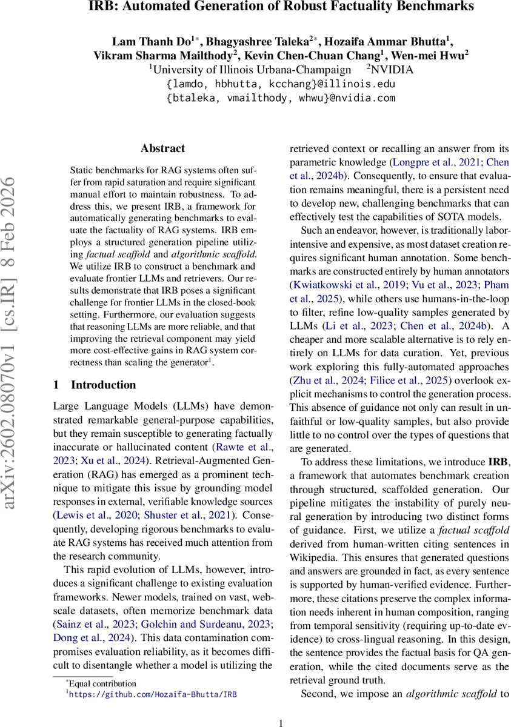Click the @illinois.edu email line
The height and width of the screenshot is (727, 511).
click(x=281, y=84)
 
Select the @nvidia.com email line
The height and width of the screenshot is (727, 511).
click(x=281, y=98)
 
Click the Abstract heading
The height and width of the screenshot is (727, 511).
click(x=162, y=148)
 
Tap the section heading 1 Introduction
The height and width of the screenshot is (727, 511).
click(x=95, y=385)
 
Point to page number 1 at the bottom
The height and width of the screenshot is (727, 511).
click(x=281, y=721)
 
